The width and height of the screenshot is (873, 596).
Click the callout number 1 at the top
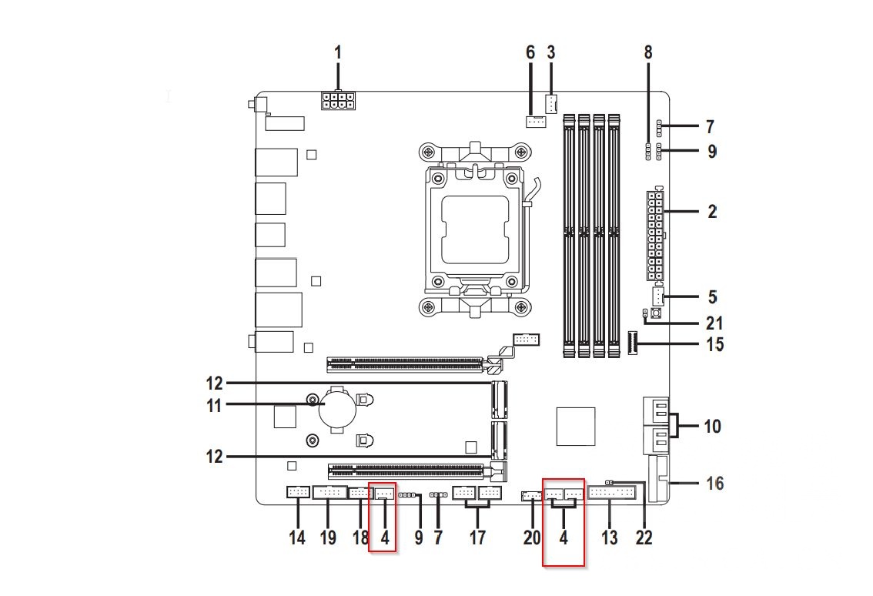coord(337,53)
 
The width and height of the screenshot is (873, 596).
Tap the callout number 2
coord(712,211)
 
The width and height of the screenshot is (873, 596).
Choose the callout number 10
coord(713,425)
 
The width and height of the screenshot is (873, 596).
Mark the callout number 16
coord(715,484)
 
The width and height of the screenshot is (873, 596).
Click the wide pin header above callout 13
coord(612,493)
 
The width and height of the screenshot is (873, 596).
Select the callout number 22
coord(644,537)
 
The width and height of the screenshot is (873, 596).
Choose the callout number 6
coord(530,53)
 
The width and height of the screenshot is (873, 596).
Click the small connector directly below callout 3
coord(551,102)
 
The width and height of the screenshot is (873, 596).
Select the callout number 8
coord(647,53)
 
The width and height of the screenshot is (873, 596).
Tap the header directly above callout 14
coord(297,492)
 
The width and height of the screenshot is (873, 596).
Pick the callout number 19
coord(329,537)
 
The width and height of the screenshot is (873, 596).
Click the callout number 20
coord(532,537)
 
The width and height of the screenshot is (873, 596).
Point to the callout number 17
coord(477,537)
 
